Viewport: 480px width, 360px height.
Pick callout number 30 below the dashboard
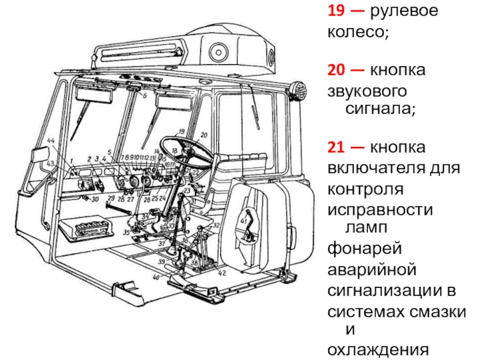coord(95,199)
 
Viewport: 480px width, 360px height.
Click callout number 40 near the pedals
coord(156,277)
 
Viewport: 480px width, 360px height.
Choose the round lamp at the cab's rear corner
coord(297,91)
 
